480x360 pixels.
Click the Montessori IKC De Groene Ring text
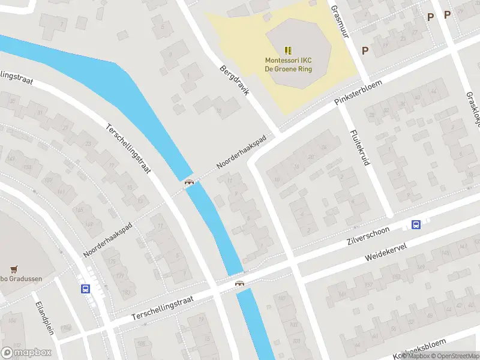coord(289,64)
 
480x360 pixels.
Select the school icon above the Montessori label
coord(289,50)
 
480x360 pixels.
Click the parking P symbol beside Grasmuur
coord(365,51)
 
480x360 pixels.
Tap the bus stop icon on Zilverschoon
coord(416,225)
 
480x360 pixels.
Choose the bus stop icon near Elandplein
coord(85,289)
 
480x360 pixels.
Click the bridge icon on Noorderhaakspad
coord(190,182)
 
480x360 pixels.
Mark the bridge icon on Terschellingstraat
coord(240,283)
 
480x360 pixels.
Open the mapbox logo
coord(26,353)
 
